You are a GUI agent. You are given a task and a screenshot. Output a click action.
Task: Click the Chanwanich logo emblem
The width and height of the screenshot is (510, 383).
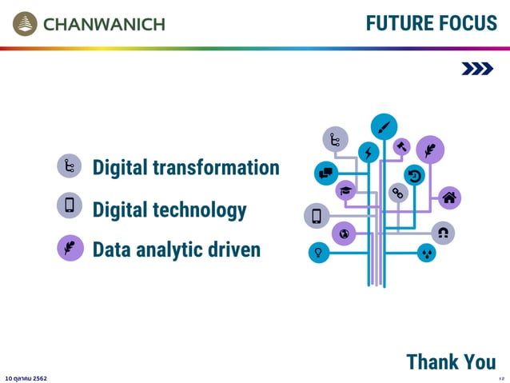click(25, 23)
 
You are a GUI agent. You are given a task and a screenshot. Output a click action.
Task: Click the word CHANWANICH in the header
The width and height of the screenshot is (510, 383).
click(104, 24)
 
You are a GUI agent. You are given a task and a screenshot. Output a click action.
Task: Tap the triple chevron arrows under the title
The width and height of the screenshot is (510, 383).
click(477, 70)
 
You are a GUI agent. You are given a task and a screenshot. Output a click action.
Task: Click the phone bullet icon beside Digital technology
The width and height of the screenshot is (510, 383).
click(70, 205)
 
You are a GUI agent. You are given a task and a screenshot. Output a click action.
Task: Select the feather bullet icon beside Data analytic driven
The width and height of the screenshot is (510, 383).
click(70, 247)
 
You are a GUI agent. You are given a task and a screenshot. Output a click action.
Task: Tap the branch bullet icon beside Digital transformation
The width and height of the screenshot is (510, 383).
click(70, 166)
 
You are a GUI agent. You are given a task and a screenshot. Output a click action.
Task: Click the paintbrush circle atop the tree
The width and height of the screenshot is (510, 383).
click(384, 126)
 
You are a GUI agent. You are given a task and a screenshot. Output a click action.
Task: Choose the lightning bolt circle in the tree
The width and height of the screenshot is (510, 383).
click(368, 153)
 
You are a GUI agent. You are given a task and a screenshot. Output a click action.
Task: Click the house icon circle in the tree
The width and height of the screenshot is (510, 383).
click(449, 197)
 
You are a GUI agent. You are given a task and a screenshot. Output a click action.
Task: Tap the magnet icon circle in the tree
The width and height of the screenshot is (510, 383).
click(442, 232)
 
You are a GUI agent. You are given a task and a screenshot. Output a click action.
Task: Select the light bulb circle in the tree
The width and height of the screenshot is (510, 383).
click(319, 253)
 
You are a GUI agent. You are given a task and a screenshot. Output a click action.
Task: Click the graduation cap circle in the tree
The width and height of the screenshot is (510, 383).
click(346, 190)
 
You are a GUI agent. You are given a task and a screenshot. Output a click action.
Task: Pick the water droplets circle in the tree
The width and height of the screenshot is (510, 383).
click(427, 253)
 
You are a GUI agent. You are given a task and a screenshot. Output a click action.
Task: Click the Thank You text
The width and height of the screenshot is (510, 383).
click(451, 361)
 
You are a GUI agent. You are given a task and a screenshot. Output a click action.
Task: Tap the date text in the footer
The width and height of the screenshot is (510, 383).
click(26, 377)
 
